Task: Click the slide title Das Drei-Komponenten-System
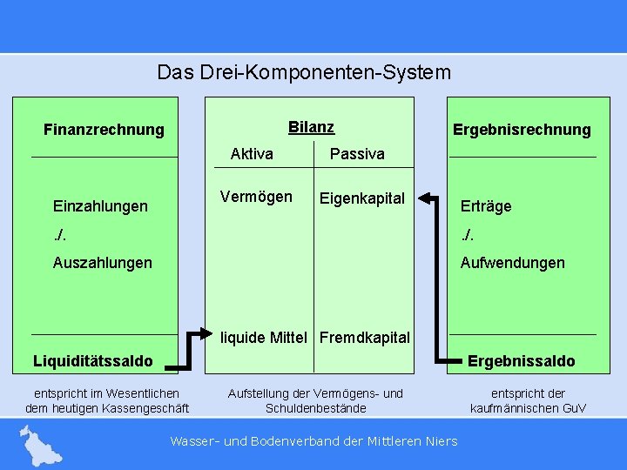[304, 71]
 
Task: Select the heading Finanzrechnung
[104, 130]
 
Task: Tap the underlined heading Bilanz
[311, 127]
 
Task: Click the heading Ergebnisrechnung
[522, 130]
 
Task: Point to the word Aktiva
[252, 154]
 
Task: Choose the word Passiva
[357, 154]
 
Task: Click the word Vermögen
[256, 197]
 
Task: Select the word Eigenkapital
[362, 198]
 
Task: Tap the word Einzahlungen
[100, 206]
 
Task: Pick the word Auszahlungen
[102, 263]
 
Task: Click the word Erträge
[486, 206]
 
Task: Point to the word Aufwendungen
[512, 263]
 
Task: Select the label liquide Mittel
[266, 337]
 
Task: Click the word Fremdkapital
[365, 337]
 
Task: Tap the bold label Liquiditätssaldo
[92, 360]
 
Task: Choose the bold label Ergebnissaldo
[522, 360]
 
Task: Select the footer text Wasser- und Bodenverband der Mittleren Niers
[313, 441]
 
